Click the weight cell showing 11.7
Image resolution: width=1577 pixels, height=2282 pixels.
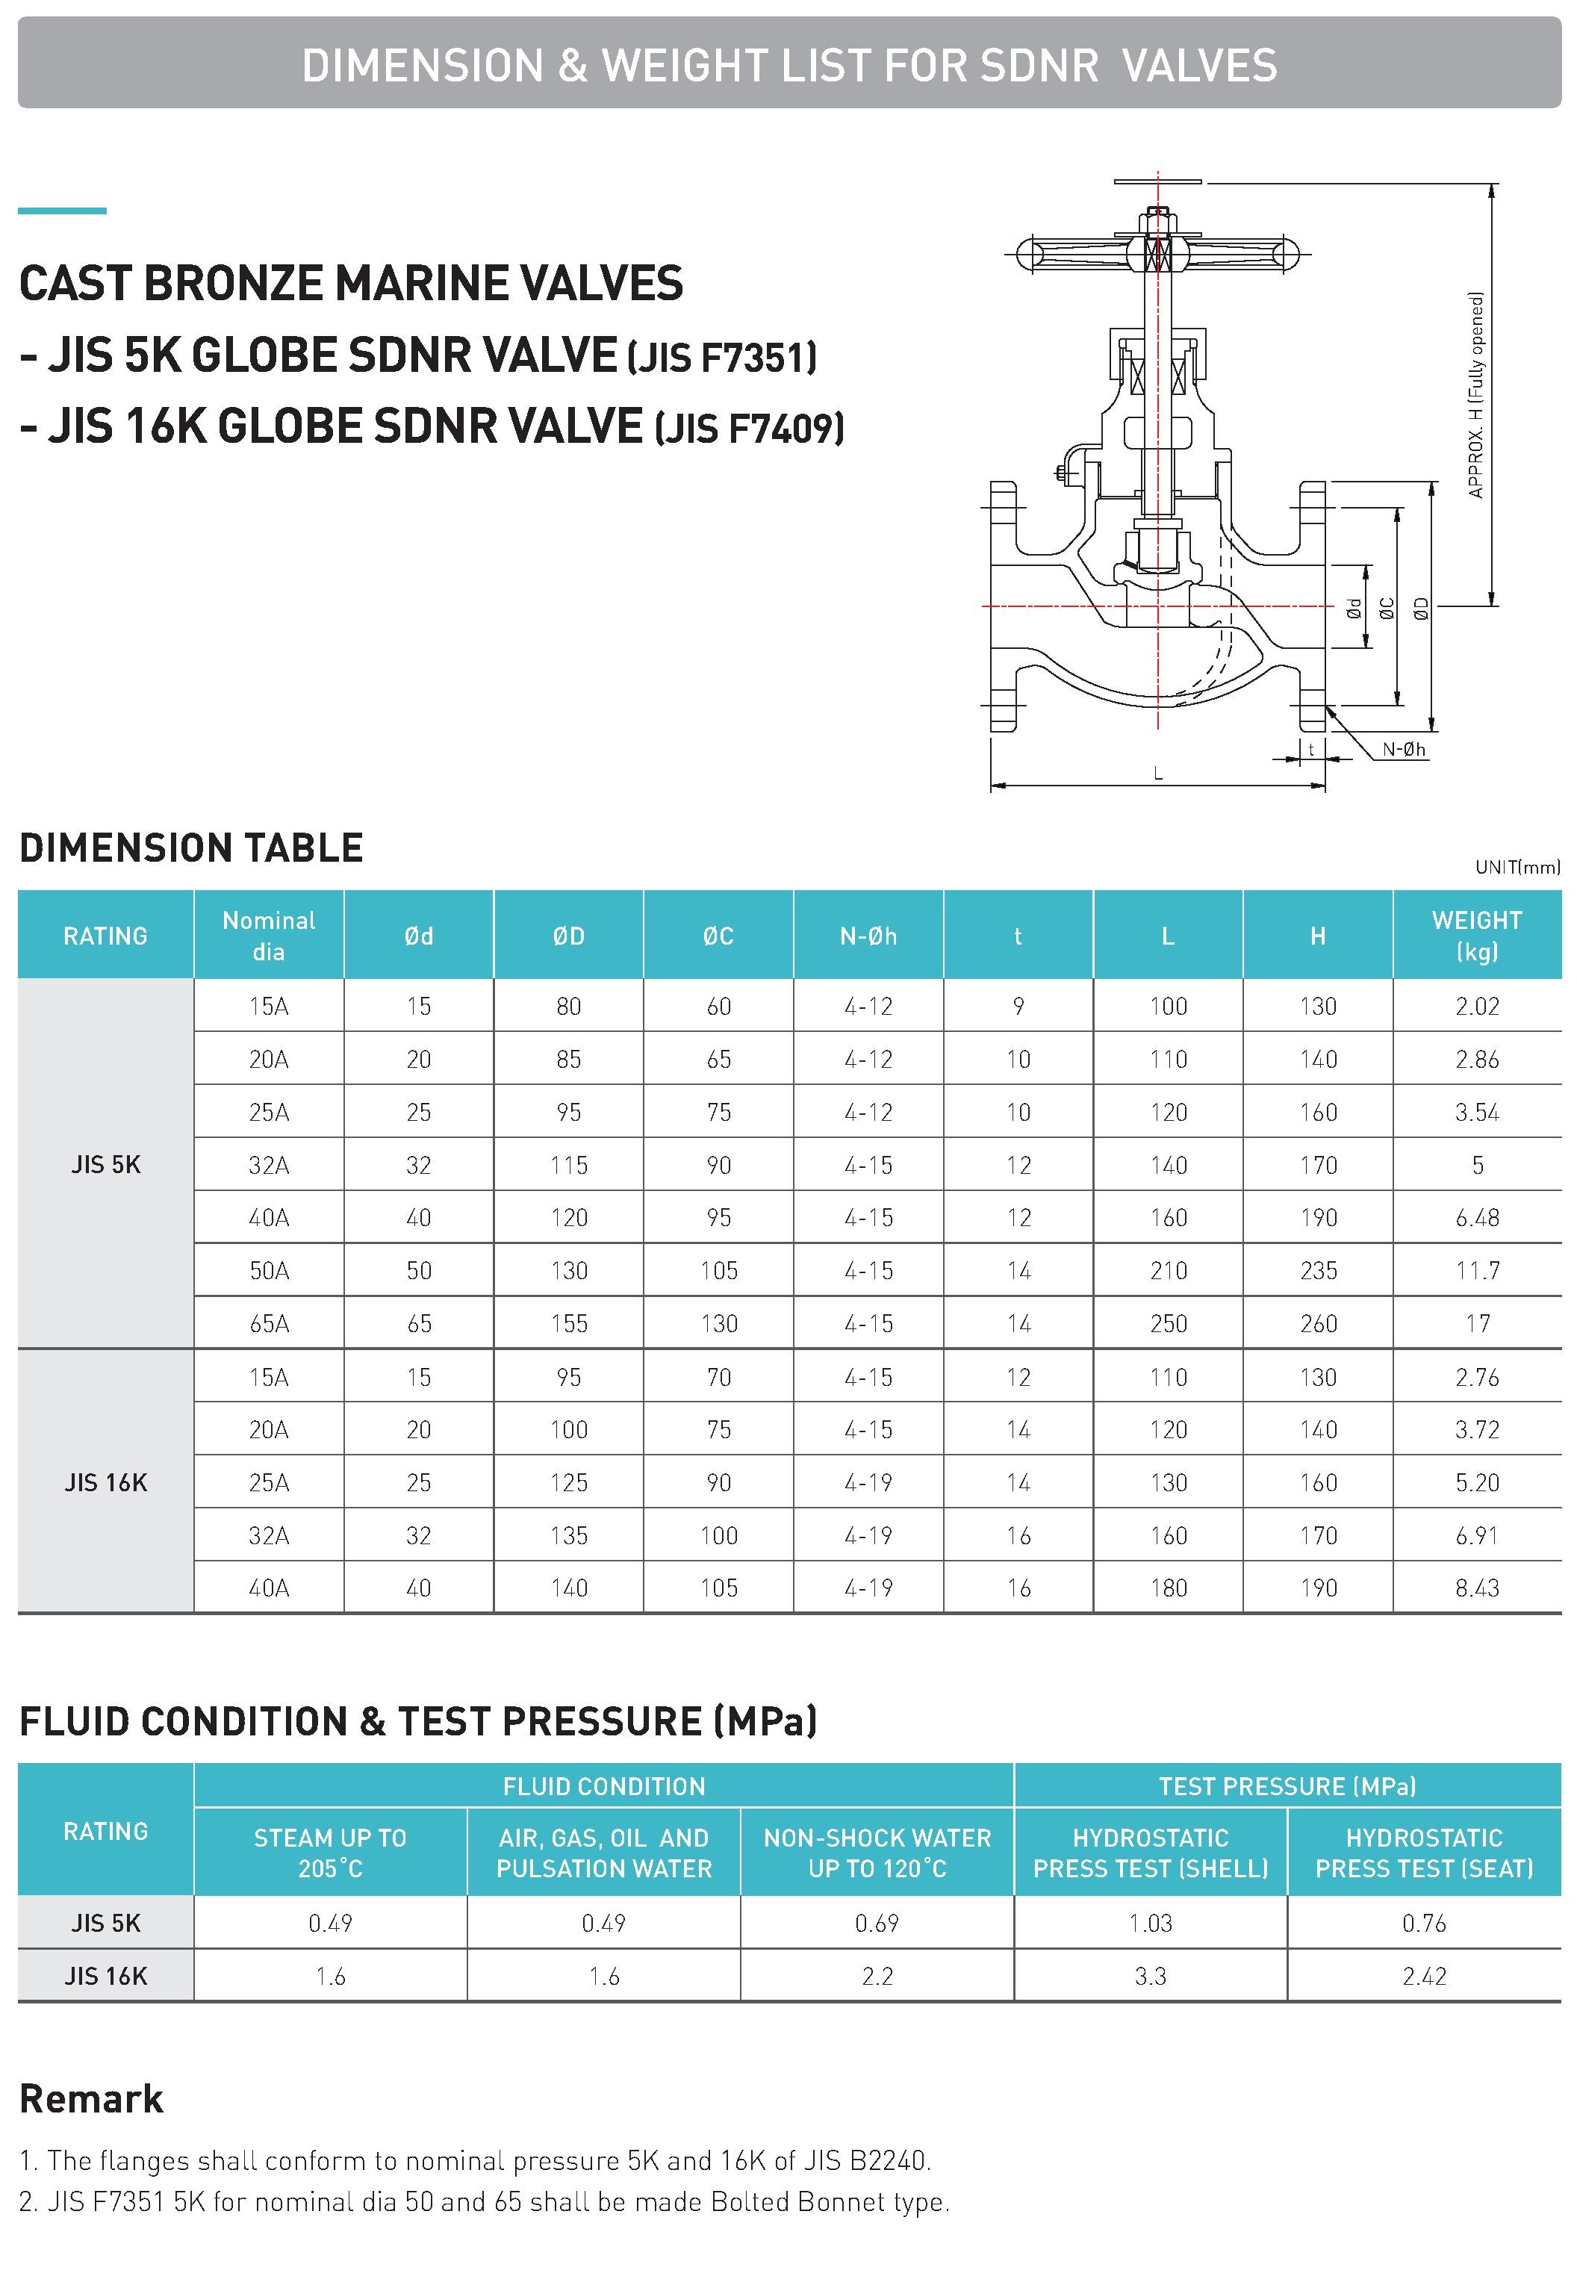(1476, 1270)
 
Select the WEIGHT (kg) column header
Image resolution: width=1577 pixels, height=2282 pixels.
(1476, 935)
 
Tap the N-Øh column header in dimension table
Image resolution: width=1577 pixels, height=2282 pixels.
(868, 936)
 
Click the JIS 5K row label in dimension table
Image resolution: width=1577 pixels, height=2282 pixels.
(106, 1165)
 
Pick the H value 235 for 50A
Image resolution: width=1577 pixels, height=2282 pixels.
(1317, 1270)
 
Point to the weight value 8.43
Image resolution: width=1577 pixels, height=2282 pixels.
(1476, 1588)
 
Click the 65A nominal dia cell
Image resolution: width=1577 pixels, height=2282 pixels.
(269, 1324)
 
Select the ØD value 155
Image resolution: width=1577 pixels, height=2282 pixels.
(568, 1324)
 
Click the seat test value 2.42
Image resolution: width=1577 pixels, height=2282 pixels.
(1423, 1976)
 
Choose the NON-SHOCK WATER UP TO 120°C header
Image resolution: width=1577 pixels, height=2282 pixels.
(877, 1853)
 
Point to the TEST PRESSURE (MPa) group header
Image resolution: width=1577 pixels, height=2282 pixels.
(1287, 1786)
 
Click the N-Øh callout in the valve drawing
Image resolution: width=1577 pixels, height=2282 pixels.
(1403, 749)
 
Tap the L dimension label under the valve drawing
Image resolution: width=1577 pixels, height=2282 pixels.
(1158, 774)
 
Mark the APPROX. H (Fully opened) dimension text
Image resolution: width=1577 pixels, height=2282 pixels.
(1476, 394)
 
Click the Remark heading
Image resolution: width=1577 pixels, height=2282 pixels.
(91, 2099)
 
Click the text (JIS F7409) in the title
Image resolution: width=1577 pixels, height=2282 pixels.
(749, 429)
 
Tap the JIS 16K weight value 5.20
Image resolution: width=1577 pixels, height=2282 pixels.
(1476, 1482)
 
